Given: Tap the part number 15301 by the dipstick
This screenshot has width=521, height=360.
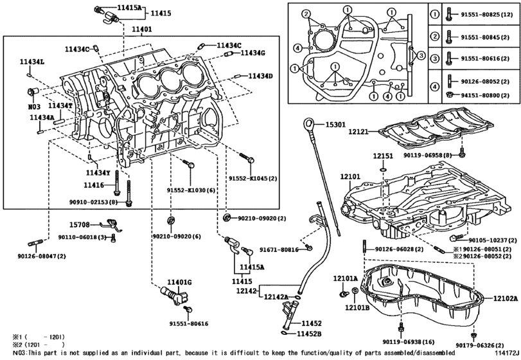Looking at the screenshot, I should tap(335, 125).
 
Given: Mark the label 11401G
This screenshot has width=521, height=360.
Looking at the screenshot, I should tap(180, 282).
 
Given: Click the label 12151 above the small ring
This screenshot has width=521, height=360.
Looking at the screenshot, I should tap(384, 156).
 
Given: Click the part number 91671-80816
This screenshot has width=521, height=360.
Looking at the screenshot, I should tap(279, 249).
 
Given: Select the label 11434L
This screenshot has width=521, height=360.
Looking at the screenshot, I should tap(31, 61).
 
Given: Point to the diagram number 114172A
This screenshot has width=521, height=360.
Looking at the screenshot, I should tap(505, 354).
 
